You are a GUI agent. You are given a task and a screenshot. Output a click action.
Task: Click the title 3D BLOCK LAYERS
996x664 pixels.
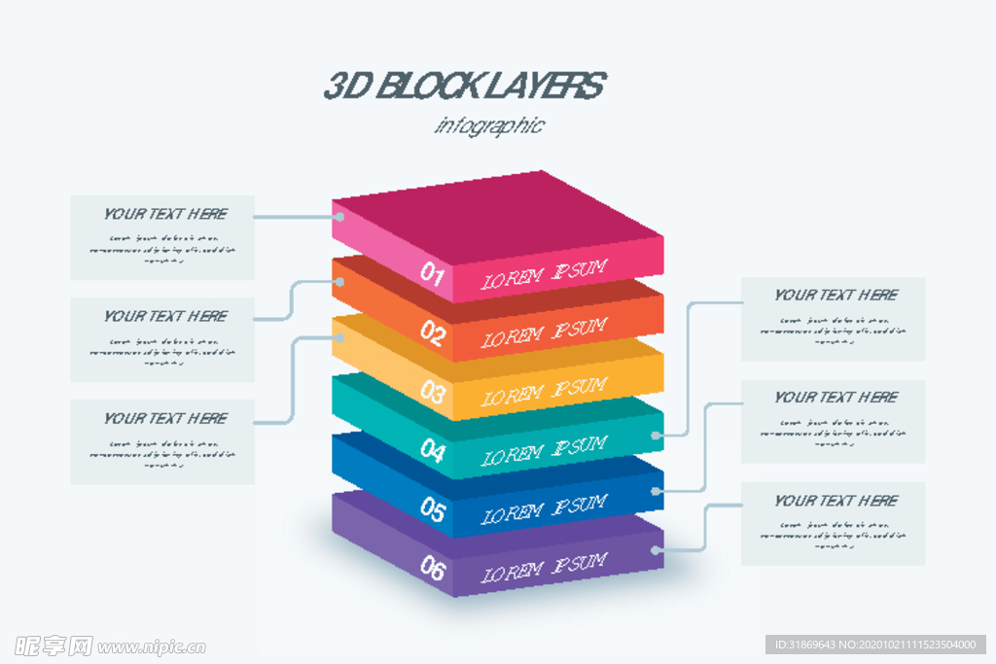pyautogui.click(x=464, y=87)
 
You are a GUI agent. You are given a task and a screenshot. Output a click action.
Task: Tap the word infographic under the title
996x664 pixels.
pyautogui.click(x=489, y=125)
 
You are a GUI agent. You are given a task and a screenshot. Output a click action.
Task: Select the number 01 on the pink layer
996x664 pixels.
pyautogui.click(x=433, y=274)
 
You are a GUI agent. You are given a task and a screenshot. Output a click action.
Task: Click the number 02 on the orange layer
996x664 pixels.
pyautogui.click(x=433, y=333)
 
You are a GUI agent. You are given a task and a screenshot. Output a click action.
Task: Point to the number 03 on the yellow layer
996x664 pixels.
pyautogui.click(x=433, y=392)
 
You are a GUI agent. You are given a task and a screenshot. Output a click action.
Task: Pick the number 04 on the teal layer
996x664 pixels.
pyautogui.click(x=433, y=450)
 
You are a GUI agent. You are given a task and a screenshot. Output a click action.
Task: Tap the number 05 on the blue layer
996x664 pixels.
pyautogui.click(x=433, y=508)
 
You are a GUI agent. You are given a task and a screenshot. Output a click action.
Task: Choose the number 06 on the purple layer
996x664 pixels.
pyautogui.click(x=433, y=568)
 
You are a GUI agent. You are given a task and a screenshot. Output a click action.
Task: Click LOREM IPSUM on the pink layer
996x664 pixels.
pyautogui.click(x=545, y=275)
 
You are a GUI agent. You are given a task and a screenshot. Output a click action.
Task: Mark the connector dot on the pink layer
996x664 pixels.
pyautogui.click(x=339, y=217)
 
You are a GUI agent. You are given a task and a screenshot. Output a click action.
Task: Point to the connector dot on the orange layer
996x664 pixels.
pyautogui.click(x=339, y=282)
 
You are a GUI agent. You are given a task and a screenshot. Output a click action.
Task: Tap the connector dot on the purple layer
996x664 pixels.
pyautogui.click(x=658, y=549)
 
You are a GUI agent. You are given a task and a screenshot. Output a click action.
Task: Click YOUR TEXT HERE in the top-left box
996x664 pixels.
pyautogui.click(x=165, y=214)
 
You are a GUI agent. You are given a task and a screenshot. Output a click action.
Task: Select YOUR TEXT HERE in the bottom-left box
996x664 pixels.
pyautogui.click(x=165, y=418)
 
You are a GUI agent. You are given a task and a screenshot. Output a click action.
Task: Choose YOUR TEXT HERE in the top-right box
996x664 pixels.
pyautogui.click(x=836, y=295)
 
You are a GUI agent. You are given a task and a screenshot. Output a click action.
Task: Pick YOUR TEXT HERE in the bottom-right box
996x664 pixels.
pyautogui.click(x=836, y=501)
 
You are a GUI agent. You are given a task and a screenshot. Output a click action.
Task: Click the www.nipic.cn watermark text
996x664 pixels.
pyautogui.click(x=152, y=647)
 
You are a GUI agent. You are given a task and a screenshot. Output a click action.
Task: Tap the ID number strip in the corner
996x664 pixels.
pyautogui.click(x=876, y=645)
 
